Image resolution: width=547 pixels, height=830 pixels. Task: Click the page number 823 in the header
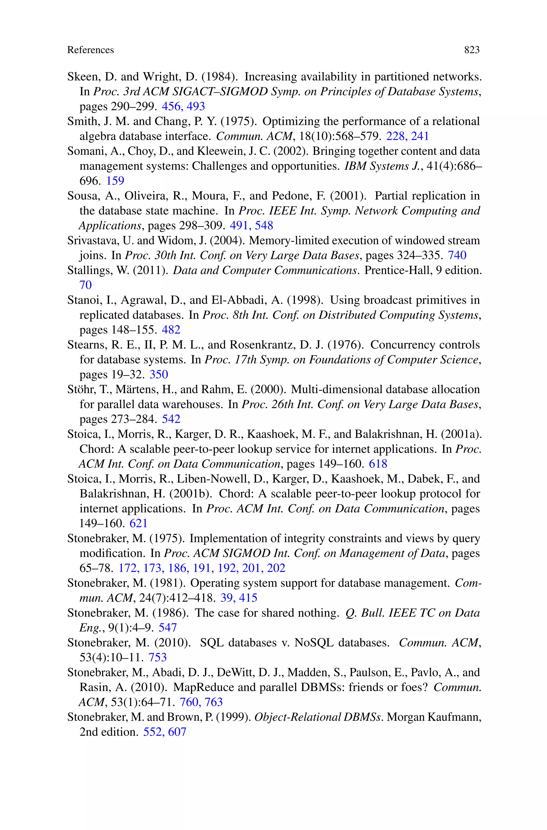[472, 50]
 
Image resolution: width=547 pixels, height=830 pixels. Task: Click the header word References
[90, 50]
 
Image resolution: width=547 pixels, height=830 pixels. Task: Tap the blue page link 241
[420, 136]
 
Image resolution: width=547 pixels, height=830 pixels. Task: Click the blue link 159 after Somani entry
[115, 181]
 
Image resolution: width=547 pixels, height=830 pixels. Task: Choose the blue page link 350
[159, 375]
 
